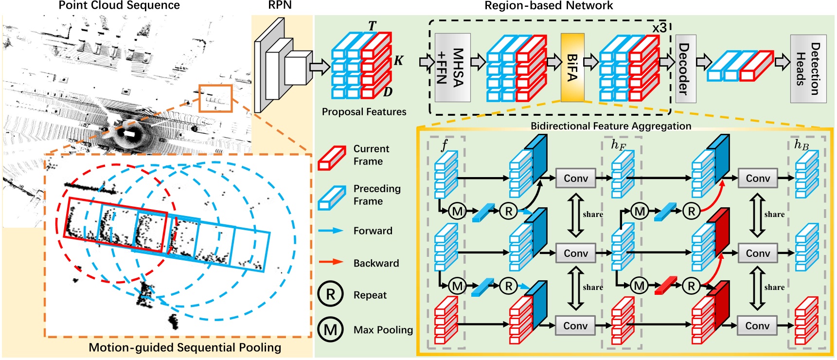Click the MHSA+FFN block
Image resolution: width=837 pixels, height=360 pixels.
[x=452, y=67]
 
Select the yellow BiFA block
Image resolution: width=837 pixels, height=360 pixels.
[x=572, y=67]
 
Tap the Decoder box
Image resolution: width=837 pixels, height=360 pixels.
[x=685, y=69]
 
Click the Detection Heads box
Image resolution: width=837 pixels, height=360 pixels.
[x=808, y=69]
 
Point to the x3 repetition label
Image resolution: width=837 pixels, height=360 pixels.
[x=659, y=28]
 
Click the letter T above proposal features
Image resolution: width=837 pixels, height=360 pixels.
[x=372, y=26]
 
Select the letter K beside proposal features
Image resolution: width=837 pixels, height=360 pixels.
[x=398, y=61]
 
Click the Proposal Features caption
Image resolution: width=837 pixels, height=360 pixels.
[x=364, y=112]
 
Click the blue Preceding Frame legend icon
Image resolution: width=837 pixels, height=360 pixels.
[x=332, y=198]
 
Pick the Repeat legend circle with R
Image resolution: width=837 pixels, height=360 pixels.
[x=331, y=294]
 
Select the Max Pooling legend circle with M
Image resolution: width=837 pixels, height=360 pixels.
[x=331, y=329]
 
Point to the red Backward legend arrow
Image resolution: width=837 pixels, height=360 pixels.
[x=331, y=262]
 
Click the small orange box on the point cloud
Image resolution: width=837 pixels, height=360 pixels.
[x=215, y=98]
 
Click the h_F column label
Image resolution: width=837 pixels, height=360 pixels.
[x=618, y=145]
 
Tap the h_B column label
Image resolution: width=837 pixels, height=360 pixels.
[x=801, y=144]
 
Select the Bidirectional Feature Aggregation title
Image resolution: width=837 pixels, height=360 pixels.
[x=610, y=126]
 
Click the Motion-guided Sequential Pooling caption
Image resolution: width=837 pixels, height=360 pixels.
[x=185, y=347]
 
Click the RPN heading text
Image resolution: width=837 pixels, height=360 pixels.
[x=280, y=5]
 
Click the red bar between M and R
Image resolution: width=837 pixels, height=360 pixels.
[x=665, y=286]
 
